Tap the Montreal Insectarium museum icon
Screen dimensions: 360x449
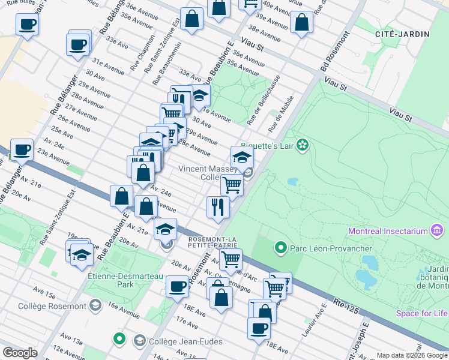pyautogui.click(x=437, y=231)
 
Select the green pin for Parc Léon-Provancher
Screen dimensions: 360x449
pyautogui.click(x=280, y=247)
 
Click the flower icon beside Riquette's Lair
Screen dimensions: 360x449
pyautogui.click(x=303, y=145)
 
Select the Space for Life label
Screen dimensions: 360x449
pyautogui.click(x=422, y=313)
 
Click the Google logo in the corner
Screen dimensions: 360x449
pyautogui.click(x=20, y=353)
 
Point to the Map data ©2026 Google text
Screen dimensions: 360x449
pyautogui.click(x=412, y=355)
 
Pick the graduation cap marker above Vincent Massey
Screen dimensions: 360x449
pyautogui.click(x=242, y=157)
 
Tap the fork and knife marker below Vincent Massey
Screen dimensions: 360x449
pyautogui.click(x=218, y=207)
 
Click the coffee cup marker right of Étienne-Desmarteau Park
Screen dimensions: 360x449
pyautogui.click(x=177, y=286)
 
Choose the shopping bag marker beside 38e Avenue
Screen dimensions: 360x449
pyautogui.click(x=301, y=22)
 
